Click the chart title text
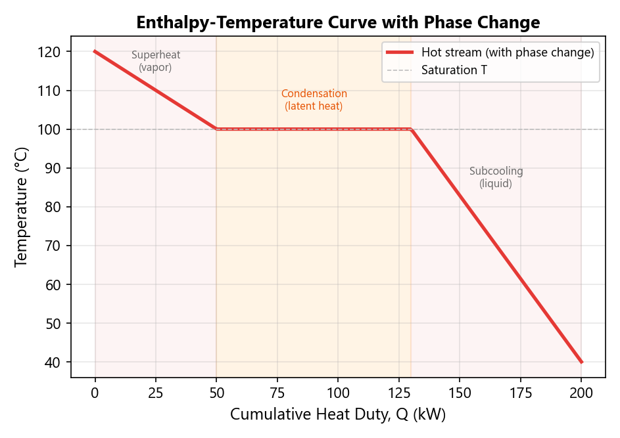[x=338, y=22]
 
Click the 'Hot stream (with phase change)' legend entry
[x=508, y=53]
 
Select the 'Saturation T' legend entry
[x=454, y=70]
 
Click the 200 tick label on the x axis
[x=581, y=393]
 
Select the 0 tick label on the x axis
[x=95, y=393]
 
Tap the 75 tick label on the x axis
[x=277, y=393]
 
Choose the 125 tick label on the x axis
[x=399, y=393]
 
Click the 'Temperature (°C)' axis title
[x=22, y=207]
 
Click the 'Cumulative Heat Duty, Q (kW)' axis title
[x=338, y=415]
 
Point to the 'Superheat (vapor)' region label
[x=156, y=61]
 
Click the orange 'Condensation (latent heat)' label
[x=314, y=100]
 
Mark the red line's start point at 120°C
[x=95, y=51]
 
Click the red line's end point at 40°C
[x=581, y=362]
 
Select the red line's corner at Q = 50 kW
[x=217, y=129]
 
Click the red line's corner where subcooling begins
[x=411, y=129]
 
